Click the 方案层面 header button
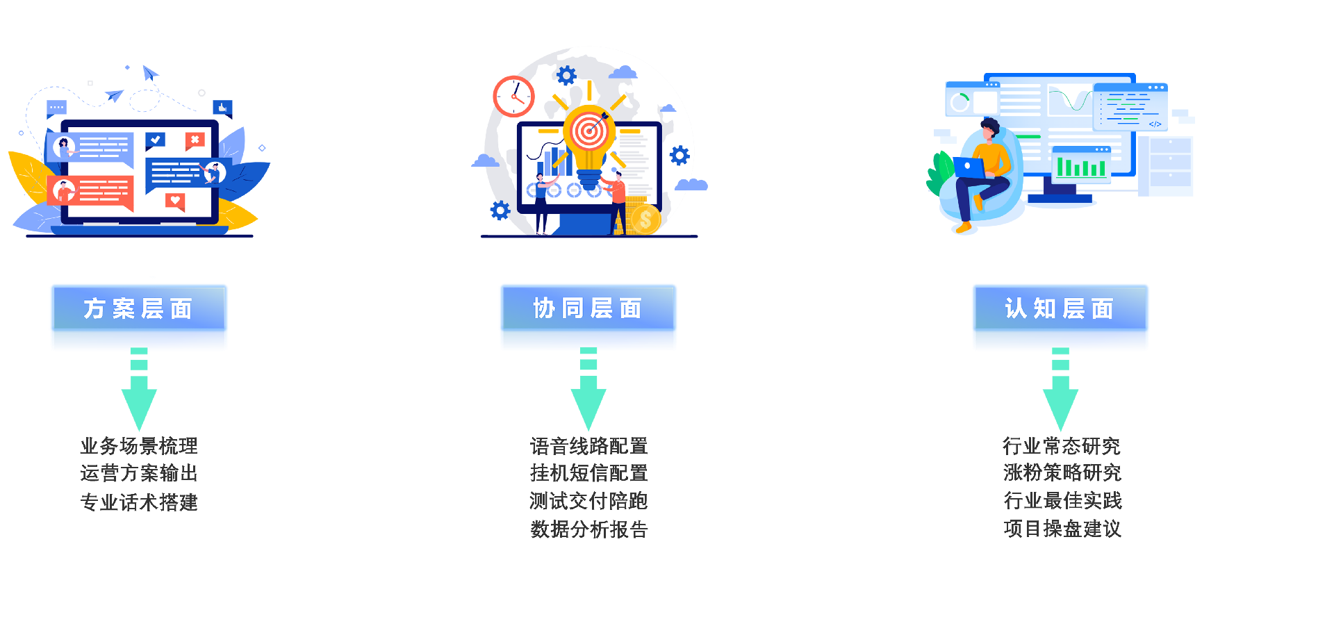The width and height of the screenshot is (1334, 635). click(x=139, y=308)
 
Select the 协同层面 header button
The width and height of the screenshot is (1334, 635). click(x=588, y=308)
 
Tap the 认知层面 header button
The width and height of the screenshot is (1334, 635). click(x=1060, y=308)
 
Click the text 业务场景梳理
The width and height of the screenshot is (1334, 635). click(x=139, y=445)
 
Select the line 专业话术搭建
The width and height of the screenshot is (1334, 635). click(x=139, y=502)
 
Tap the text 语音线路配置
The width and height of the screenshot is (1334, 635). click(x=588, y=445)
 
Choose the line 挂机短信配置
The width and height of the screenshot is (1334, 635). click(x=588, y=473)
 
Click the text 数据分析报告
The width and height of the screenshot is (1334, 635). click(x=588, y=529)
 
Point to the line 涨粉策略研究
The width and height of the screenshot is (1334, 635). click(x=1062, y=473)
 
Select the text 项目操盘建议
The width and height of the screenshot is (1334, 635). click(x=1062, y=529)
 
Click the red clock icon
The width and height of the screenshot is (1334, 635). click(x=513, y=97)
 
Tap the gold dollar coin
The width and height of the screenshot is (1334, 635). click(x=645, y=220)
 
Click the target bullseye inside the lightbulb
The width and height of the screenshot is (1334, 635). click(x=589, y=130)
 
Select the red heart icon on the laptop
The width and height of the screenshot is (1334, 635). click(x=175, y=201)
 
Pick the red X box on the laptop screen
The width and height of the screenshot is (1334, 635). click(x=195, y=140)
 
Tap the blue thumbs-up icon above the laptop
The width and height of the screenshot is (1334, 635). click(x=222, y=108)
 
